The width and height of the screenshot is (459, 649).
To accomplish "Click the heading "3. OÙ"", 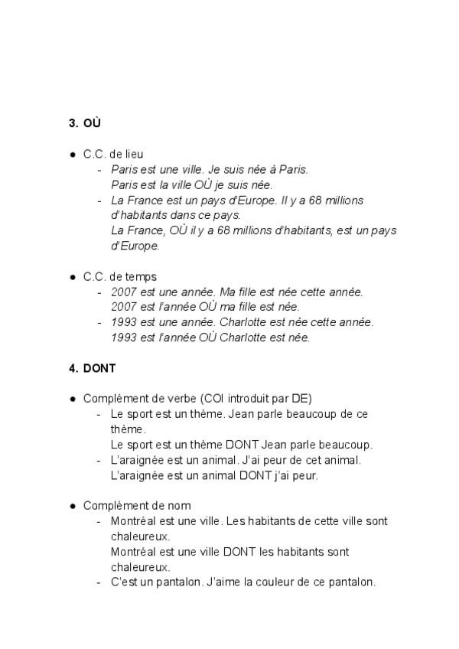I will click(x=85, y=122).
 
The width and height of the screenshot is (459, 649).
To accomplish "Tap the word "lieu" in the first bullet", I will click(x=134, y=154).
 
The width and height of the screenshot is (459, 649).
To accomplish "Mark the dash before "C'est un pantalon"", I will click(x=99, y=582).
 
